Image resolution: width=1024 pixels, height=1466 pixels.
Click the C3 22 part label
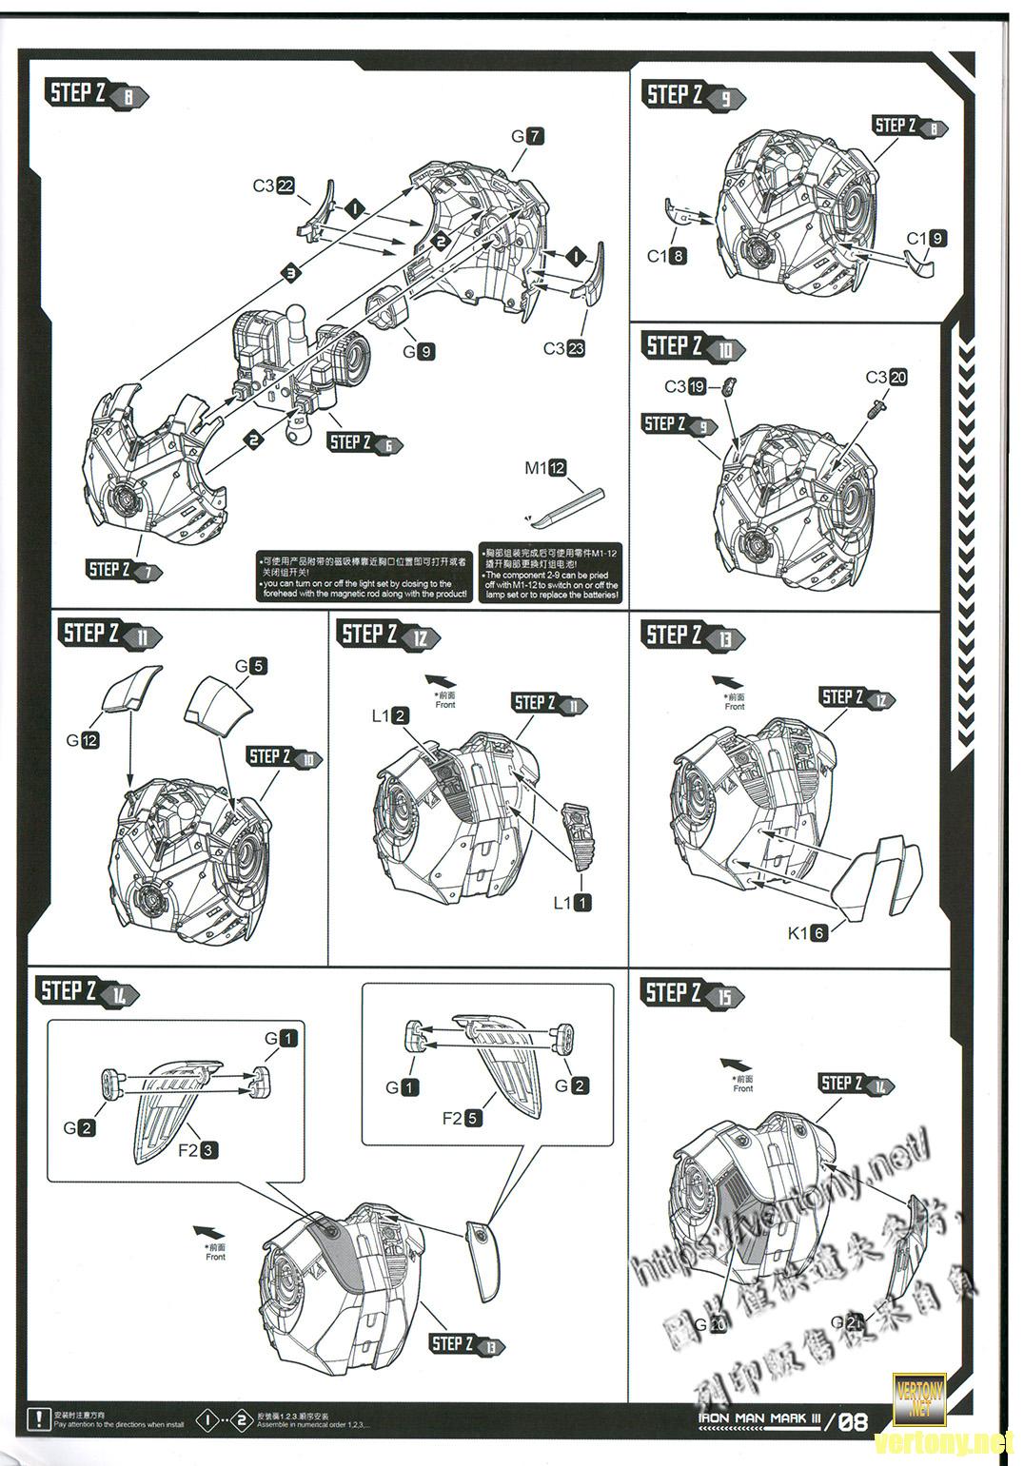pyautogui.click(x=273, y=186)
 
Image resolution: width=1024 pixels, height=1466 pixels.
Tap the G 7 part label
pyautogui.click(x=527, y=136)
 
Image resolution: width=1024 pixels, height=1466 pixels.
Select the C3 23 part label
pyautogui.click(x=564, y=348)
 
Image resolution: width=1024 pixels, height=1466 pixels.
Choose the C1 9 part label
pyautogui.click(x=926, y=239)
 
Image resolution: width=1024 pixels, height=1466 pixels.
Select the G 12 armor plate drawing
pyautogui.click(x=130, y=689)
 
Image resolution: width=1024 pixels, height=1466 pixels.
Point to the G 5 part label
pyautogui.click(x=250, y=666)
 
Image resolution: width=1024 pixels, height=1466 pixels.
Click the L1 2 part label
pyautogui.click(x=390, y=715)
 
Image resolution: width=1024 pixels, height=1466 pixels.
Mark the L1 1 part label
pyautogui.click(x=572, y=902)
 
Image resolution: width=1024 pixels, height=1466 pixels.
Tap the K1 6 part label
pyautogui.click(x=807, y=933)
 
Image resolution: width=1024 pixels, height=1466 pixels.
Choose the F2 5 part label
pyautogui.click(x=462, y=1118)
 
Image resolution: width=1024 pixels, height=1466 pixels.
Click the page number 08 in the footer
pyautogui.click(x=853, y=1421)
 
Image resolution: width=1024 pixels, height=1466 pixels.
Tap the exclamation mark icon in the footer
pyautogui.click(x=39, y=1419)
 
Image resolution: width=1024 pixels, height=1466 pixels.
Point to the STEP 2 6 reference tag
pyautogui.click(x=365, y=442)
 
